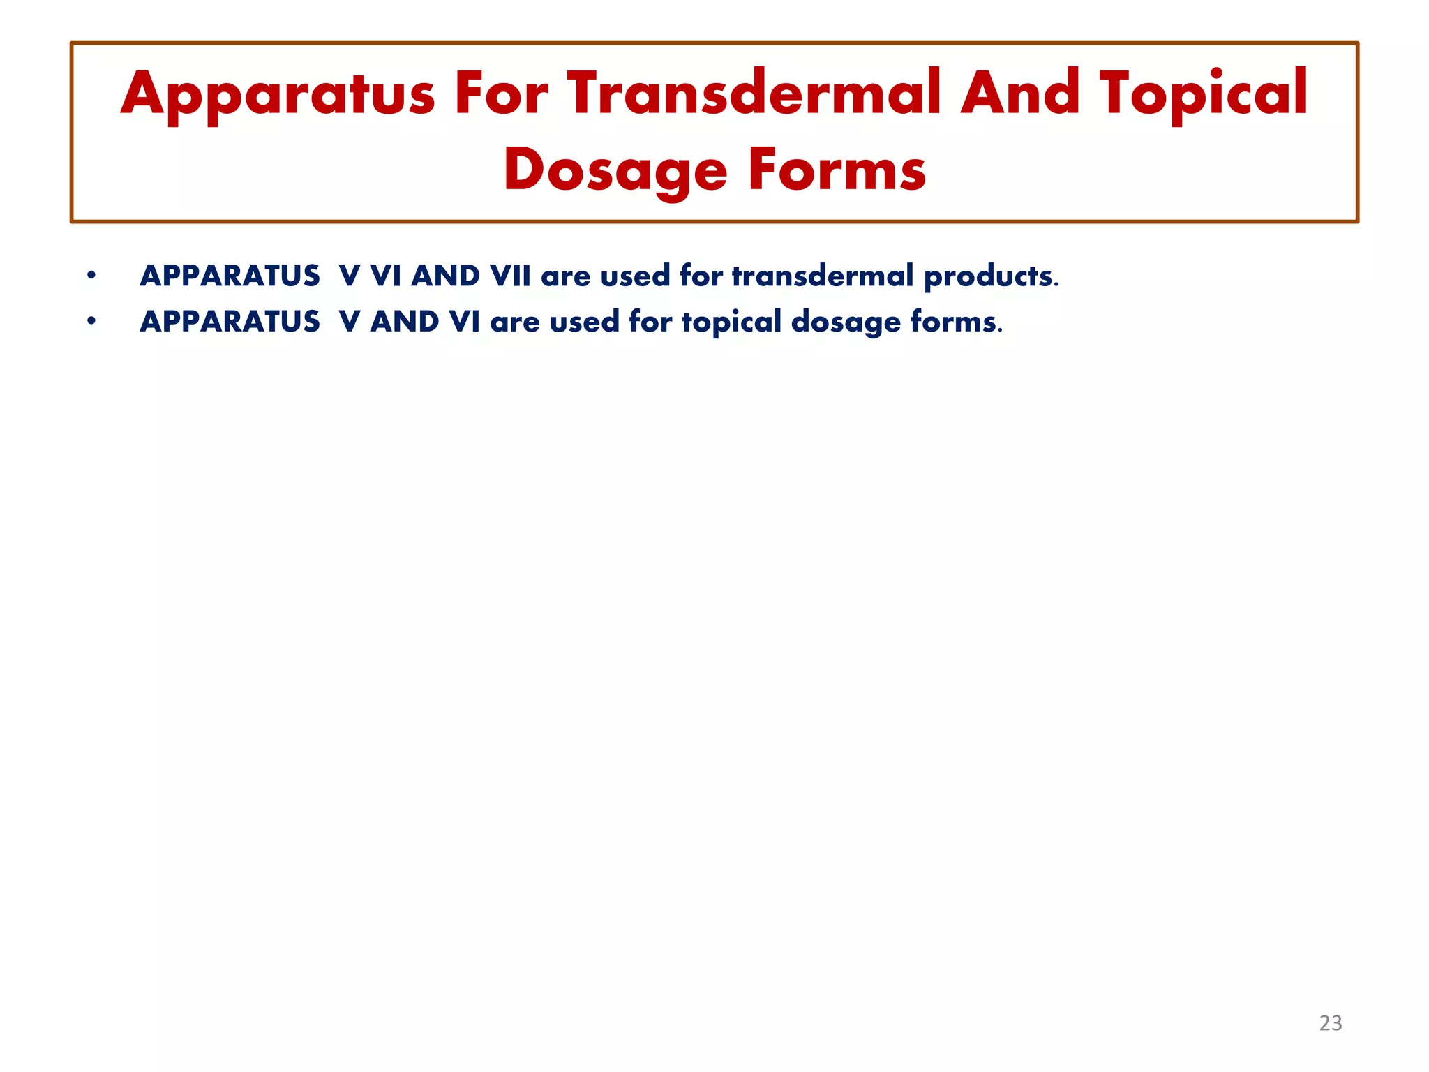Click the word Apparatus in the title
(x=278, y=94)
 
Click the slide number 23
(x=1330, y=1023)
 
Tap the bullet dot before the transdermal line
(x=91, y=276)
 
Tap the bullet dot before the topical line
(x=91, y=321)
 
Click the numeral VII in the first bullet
(x=510, y=276)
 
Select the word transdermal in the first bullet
(x=822, y=276)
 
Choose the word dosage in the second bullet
(x=845, y=322)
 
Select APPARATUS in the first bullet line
(x=230, y=276)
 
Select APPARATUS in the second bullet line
(x=230, y=322)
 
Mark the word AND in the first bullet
(x=445, y=276)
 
